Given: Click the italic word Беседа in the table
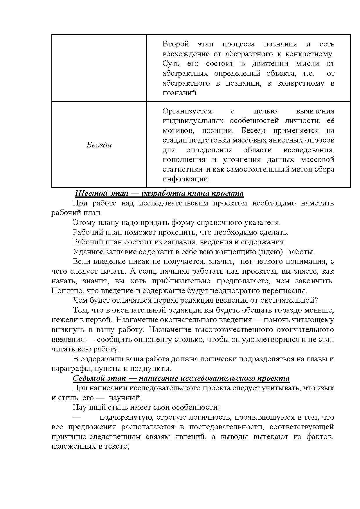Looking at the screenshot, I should click(99, 145).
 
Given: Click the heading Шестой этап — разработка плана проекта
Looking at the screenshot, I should click(159, 193).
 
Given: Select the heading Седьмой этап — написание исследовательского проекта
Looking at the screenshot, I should click(181, 378).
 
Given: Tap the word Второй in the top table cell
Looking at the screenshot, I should click(176, 44).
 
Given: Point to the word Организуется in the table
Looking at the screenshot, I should click(187, 111).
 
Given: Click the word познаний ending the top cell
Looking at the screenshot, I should click(180, 93).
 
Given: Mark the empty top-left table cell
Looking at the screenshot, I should click(99, 68).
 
